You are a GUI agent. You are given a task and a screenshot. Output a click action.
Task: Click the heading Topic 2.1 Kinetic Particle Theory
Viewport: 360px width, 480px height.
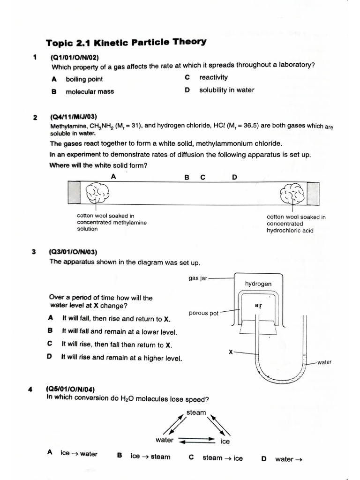click(126, 43)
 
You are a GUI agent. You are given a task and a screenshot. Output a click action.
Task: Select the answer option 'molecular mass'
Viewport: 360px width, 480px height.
click(90, 91)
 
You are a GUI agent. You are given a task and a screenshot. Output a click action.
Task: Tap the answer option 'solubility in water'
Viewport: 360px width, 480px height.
click(226, 90)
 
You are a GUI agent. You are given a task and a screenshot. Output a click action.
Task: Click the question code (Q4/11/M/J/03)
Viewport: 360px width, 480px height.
click(73, 117)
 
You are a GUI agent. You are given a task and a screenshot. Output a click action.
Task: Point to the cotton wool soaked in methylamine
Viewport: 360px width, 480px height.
click(97, 193)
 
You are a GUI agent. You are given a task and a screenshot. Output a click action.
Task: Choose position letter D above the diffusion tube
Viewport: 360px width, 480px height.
click(234, 177)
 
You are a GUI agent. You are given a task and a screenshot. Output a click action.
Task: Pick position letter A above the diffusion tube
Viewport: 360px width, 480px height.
click(113, 176)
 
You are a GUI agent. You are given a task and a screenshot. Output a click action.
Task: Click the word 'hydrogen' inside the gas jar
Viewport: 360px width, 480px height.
click(258, 284)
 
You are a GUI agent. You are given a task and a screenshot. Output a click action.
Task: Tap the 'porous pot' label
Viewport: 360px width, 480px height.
click(203, 313)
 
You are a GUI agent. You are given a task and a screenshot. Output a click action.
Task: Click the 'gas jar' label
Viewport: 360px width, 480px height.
click(198, 278)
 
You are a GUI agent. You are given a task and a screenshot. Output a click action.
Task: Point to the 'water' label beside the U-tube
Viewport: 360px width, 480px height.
click(324, 362)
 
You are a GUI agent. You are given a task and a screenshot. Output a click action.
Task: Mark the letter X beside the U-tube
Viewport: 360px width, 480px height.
click(231, 352)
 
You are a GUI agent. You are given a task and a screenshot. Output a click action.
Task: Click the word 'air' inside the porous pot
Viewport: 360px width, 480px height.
click(258, 305)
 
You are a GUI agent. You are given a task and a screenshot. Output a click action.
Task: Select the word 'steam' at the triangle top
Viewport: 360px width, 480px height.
click(196, 412)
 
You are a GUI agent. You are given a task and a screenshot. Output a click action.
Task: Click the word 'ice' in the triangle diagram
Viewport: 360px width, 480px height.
click(225, 442)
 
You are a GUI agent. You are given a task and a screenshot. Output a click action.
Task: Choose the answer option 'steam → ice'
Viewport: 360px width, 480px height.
click(222, 458)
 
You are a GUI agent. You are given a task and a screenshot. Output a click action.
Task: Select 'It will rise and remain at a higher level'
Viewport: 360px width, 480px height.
click(121, 358)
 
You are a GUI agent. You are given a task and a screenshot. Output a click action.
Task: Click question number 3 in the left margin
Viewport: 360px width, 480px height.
click(34, 252)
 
